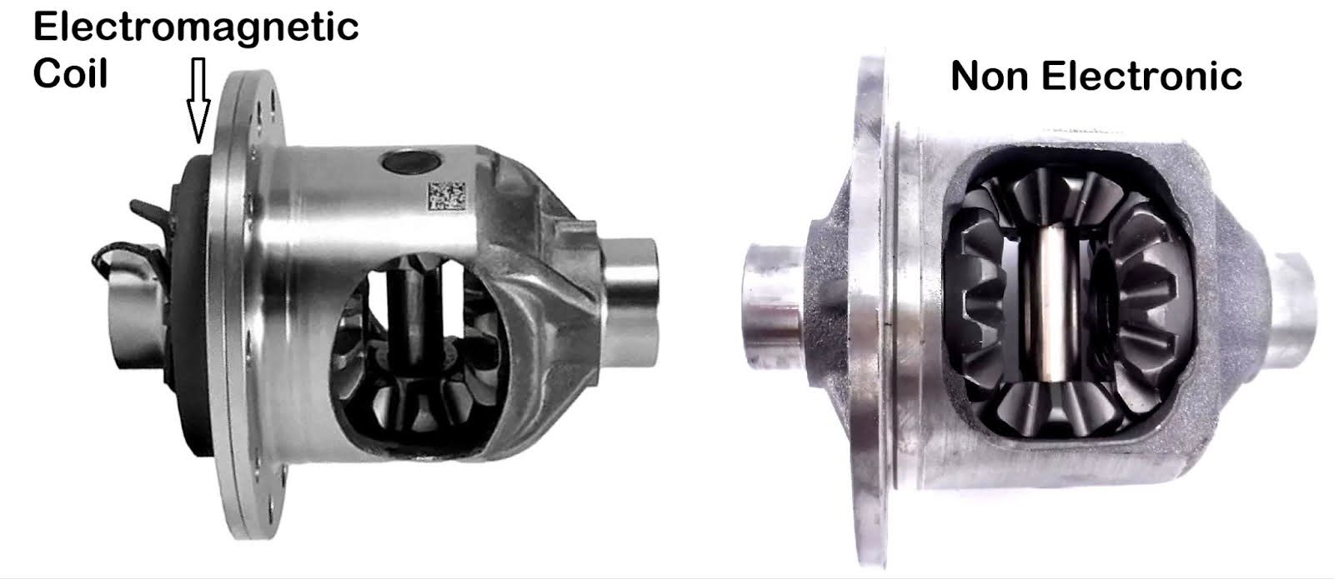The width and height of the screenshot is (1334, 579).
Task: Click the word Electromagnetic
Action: (196, 27)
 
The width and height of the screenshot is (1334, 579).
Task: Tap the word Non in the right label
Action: (991, 77)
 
